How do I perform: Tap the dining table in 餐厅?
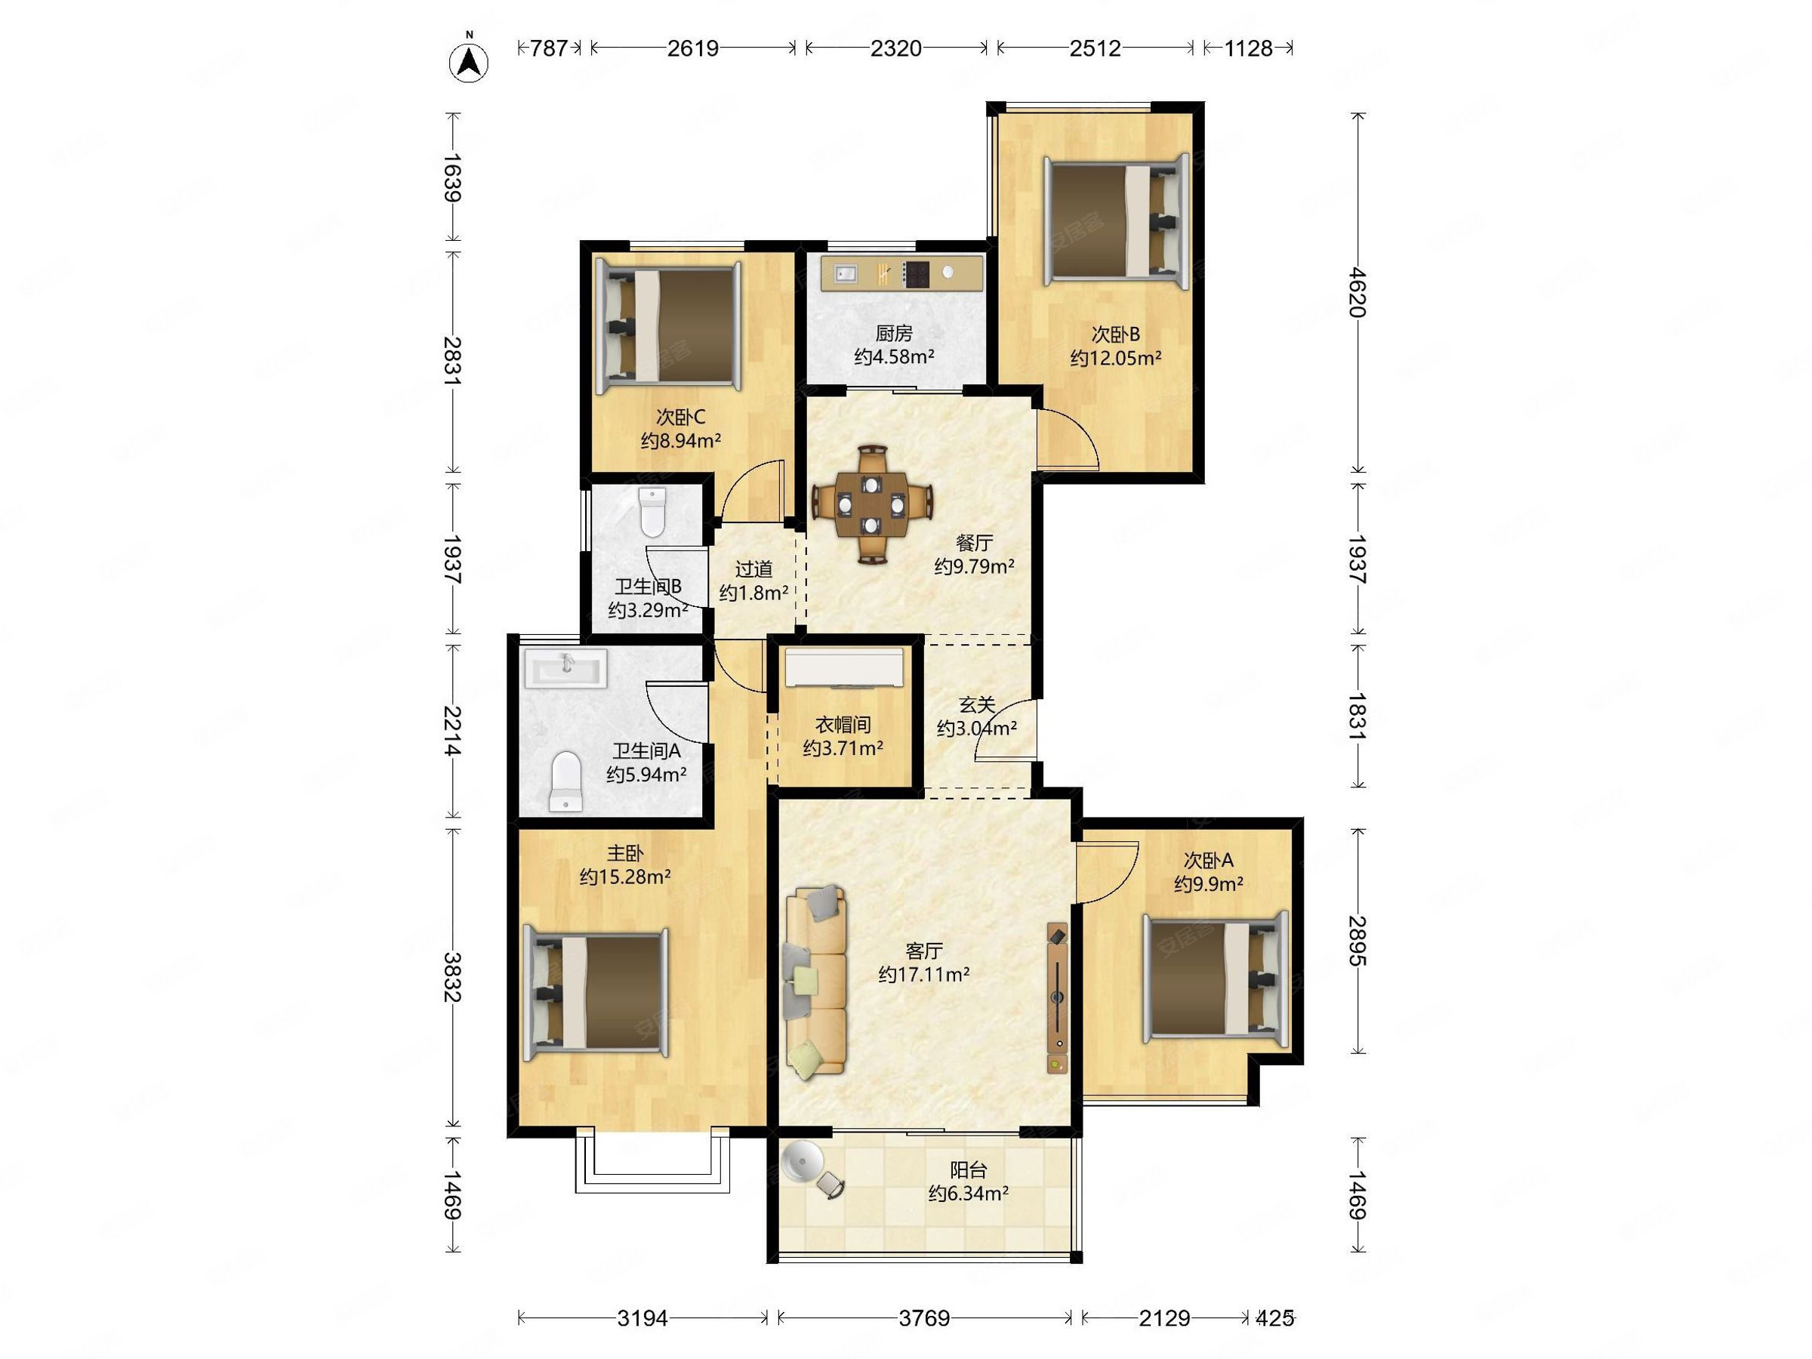point(873,504)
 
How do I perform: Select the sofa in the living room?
point(816,980)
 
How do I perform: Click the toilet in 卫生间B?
point(653,511)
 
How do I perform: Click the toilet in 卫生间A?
point(565,781)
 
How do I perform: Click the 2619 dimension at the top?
point(692,48)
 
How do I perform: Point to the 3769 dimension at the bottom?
point(924,1318)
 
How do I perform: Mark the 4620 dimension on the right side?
point(1357,292)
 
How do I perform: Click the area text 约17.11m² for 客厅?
point(924,974)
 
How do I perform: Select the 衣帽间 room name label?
point(842,724)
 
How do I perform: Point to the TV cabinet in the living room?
point(1058,999)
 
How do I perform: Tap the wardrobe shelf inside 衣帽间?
point(844,667)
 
